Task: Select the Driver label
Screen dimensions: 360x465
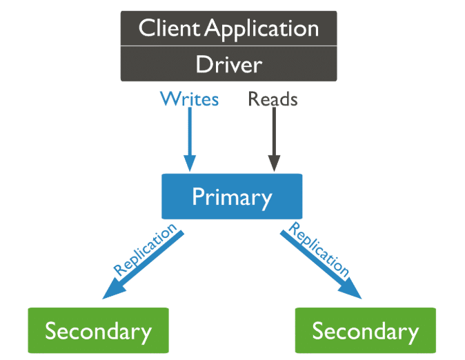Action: [x=228, y=64]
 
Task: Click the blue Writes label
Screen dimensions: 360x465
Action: [x=189, y=99]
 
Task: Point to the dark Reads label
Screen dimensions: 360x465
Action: [x=273, y=99]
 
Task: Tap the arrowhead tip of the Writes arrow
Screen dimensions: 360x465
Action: [x=189, y=169]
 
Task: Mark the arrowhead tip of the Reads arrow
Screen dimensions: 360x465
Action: [x=274, y=169]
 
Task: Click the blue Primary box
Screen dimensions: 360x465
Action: [x=232, y=197]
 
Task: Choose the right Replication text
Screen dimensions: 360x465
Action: [x=319, y=249]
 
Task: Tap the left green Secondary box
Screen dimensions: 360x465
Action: [x=98, y=330]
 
